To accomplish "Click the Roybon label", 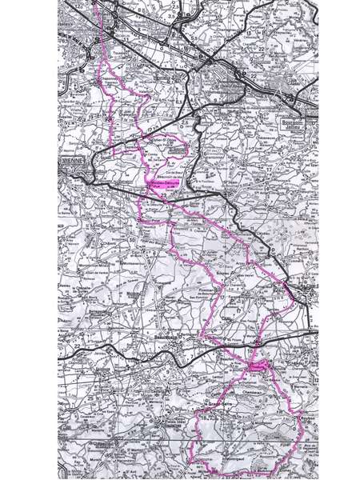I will pos(290,418).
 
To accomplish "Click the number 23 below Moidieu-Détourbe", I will pos(163,194).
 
